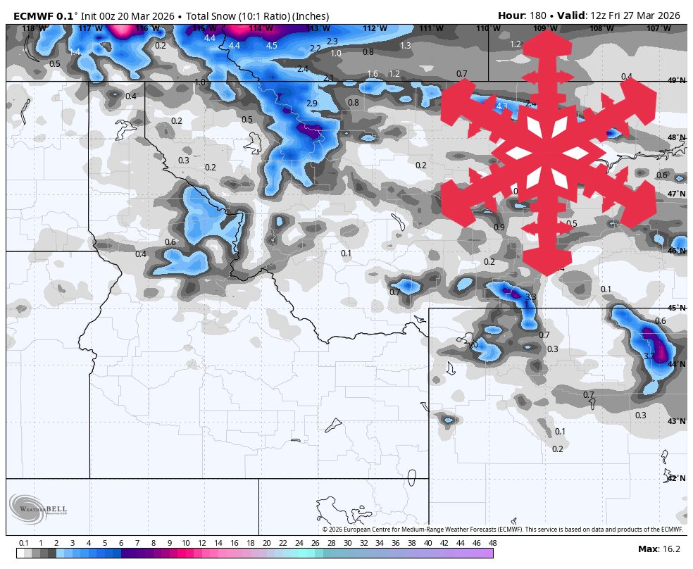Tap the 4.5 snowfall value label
pyautogui.click(x=271, y=46)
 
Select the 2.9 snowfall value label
pyautogui.click(x=312, y=104)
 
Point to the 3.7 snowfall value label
pyautogui.click(x=649, y=356)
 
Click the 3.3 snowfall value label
pyautogui.click(x=530, y=297)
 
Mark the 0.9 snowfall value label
pyautogui.click(x=499, y=227)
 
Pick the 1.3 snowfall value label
pyautogui.click(x=405, y=46)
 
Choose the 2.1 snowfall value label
pyautogui.click(x=328, y=78)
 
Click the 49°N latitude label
pyautogui.click(x=676, y=81)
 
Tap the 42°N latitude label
pyautogui.click(x=676, y=478)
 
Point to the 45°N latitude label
pyautogui.click(x=676, y=308)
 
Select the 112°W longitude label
pyautogui.click(x=375, y=28)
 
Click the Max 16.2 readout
pyautogui.click(x=658, y=549)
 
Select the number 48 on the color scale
pyautogui.click(x=492, y=543)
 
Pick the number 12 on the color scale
pyautogui.click(x=202, y=543)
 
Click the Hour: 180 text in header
pyautogui.click(x=525, y=15)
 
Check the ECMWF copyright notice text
pyautogui.click(x=502, y=530)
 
